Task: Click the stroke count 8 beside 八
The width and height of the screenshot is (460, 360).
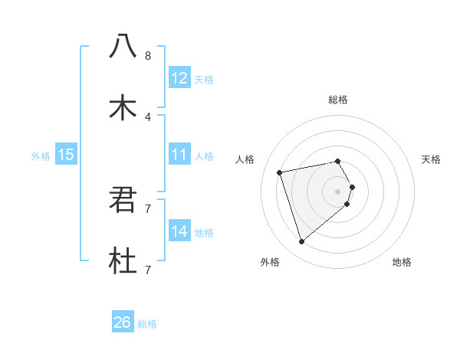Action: [147, 56]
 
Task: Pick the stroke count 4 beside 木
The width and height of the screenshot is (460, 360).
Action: [147, 117]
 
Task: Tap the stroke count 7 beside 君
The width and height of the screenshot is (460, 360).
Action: [147, 208]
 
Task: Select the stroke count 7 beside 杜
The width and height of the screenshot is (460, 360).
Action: [147, 270]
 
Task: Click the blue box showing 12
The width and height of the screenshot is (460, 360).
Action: [179, 77]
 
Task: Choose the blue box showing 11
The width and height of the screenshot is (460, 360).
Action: [179, 155]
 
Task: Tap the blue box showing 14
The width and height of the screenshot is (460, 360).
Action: [179, 231]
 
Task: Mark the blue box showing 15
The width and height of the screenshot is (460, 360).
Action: [66, 155]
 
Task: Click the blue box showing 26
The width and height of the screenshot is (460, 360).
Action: [123, 322]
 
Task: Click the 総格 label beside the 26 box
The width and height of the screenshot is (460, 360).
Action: [147, 324]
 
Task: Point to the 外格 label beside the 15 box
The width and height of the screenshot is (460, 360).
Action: [41, 156]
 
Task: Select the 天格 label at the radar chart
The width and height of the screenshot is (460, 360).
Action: [432, 159]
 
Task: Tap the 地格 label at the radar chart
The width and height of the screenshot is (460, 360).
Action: [402, 262]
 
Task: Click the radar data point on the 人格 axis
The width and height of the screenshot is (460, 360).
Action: [280, 172]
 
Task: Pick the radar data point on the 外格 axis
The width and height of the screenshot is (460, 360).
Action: [302, 242]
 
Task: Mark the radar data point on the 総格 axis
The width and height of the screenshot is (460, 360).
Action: [338, 161]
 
